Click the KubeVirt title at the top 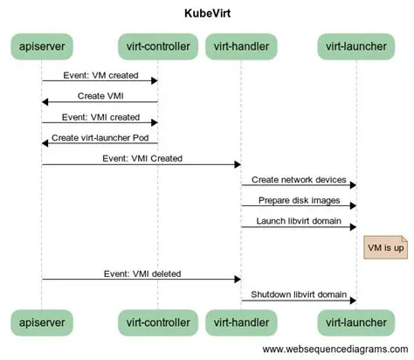[207, 14]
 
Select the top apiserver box [42, 45]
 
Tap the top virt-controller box [157, 45]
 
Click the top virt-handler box [241, 45]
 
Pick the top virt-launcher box [355, 45]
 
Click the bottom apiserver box [42, 322]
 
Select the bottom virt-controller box [157, 322]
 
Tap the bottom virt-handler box [241, 322]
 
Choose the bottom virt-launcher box [355, 322]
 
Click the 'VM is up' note [384, 248]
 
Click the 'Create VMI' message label [100, 94]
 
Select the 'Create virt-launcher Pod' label [99, 137]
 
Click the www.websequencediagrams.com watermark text [336, 350]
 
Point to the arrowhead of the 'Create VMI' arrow [45, 102]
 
